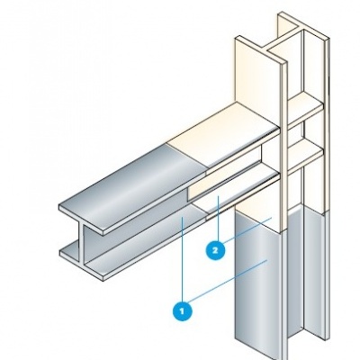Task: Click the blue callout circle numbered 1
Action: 183,311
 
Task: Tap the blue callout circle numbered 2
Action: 215,250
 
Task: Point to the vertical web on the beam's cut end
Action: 82,242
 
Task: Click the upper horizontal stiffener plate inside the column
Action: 306,112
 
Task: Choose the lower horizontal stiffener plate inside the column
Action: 306,157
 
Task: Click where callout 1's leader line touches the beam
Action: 182,219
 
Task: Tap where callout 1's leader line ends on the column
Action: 266,261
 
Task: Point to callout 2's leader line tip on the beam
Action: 219,196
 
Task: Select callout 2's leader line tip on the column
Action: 272,218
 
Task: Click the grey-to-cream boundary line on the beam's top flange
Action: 186,158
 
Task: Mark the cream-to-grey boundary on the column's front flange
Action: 258,222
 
